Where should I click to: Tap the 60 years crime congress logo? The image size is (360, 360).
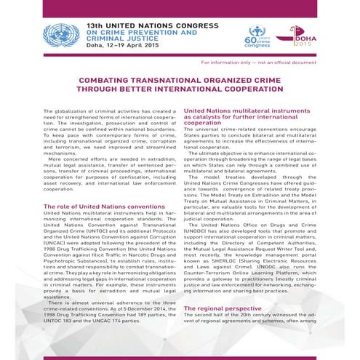(257, 33)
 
